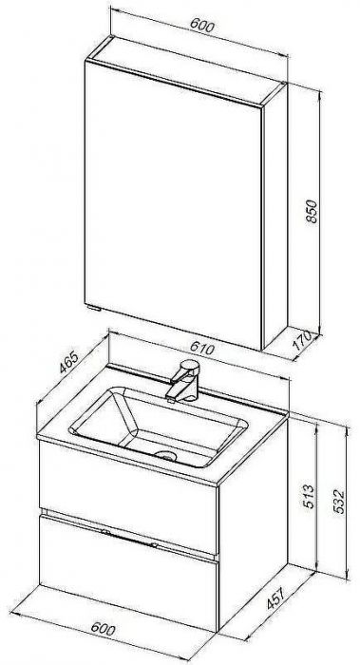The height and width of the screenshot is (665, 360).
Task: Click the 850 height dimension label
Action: point(312,211)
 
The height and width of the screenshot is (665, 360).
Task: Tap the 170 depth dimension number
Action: point(302,340)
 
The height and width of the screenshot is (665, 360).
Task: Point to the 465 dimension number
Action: point(68,362)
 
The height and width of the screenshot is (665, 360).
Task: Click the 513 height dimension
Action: point(309,496)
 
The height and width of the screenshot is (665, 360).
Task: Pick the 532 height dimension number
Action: point(338,502)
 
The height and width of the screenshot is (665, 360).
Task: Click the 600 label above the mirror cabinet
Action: point(201,25)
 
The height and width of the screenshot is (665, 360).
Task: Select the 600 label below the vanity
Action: point(103,629)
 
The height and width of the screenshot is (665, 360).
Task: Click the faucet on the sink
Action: point(183,380)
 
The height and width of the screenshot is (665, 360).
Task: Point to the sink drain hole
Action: point(166,455)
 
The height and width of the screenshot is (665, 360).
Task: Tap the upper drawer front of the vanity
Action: point(128,496)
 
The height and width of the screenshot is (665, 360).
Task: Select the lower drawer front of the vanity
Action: point(128,573)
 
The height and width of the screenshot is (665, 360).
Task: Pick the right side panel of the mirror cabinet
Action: point(275,217)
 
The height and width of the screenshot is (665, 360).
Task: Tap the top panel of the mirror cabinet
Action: point(186,70)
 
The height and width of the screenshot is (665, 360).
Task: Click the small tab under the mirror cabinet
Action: point(93,307)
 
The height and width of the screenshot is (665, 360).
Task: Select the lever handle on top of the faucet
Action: point(189,366)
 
